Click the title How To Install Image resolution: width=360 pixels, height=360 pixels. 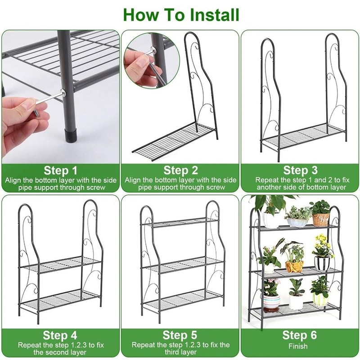pyautogui.click(x=181, y=14)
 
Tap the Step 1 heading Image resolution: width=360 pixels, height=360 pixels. pyautogui.click(x=61, y=171)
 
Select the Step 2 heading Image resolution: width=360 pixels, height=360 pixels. pyautogui.click(x=180, y=171)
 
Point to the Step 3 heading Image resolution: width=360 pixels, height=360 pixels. pyautogui.click(x=300, y=171)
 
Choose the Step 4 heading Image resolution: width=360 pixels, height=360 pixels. pyautogui.click(x=61, y=335)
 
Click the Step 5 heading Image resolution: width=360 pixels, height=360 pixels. pyautogui.click(x=180, y=335)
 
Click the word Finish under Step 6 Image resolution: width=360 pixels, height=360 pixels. pyautogui.click(x=298, y=346)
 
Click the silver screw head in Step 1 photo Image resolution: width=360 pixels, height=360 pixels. pyautogui.click(x=63, y=93)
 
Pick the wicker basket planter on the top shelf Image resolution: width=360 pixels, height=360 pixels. pyautogui.click(x=321, y=219)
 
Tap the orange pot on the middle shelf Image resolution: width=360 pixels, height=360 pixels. pyautogui.click(x=294, y=266)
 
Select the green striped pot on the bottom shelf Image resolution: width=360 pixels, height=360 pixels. pyautogui.click(x=320, y=299)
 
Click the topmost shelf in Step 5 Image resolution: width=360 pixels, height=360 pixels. pyautogui.click(x=180, y=222)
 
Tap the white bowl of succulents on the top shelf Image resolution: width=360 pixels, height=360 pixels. pyautogui.click(x=297, y=221)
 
